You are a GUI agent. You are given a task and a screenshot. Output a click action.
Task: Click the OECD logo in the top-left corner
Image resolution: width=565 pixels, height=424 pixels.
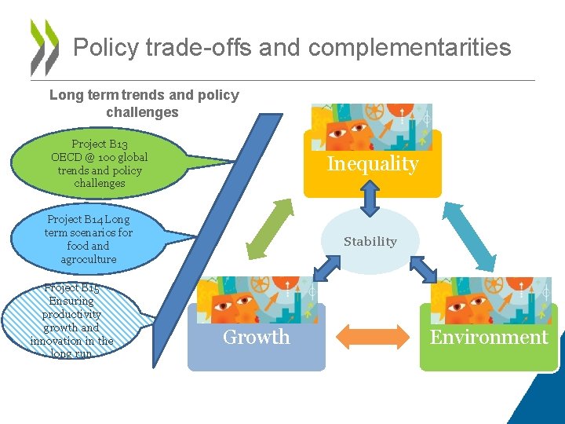tap(44, 47)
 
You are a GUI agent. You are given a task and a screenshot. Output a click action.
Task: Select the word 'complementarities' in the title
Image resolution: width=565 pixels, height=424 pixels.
tap(410, 47)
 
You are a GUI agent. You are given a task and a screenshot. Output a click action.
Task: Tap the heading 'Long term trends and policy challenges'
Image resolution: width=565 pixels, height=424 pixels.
tap(144, 104)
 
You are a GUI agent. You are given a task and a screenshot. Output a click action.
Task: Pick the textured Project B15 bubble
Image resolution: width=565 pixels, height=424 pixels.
tap(73, 320)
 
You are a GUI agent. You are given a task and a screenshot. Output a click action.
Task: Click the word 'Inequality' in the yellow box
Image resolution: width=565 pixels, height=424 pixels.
tap(373, 164)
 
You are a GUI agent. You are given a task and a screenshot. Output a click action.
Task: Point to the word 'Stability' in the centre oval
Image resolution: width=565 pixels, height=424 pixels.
tap(370, 242)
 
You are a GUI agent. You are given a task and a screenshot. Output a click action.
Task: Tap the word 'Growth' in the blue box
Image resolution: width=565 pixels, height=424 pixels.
tap(257, 338)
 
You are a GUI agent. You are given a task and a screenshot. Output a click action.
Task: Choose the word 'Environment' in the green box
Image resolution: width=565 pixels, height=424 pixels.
tap(489, 338)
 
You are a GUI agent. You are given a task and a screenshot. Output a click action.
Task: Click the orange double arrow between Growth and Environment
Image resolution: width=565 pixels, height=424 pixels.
tap(373, 338)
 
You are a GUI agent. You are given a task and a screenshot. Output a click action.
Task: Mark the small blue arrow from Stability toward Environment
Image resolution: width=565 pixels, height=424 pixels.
tap(421, 270)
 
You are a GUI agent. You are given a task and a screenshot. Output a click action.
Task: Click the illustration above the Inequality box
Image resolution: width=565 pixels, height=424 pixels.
tap(371, 127)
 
